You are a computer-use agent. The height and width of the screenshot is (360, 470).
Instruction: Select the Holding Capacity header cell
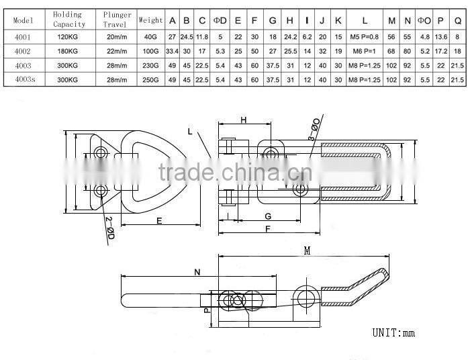pyautogui.click(x=68, y=19)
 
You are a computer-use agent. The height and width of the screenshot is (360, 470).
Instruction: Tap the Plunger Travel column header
pyautogui.click(x=117, y=19)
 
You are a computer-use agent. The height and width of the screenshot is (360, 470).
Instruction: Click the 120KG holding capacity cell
pyautogui.click(x=68, y=36)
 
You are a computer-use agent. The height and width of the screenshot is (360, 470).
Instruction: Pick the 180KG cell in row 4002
pyautogui.click(x=68, y=50)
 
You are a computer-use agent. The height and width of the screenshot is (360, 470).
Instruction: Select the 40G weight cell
pyautogui.click(x=150, y=36)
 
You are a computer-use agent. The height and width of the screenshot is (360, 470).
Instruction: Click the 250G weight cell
pyautogui.click(x=150, y=80)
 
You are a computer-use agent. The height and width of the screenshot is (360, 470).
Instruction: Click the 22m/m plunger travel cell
pyautogui.click(x=117, y=50)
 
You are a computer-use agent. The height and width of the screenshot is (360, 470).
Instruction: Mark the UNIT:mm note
pyautogui.click(x=394, y=332)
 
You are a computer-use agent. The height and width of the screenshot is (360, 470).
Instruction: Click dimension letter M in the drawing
pyautogui.click(x=307, y=251)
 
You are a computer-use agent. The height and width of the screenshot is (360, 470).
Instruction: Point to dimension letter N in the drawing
pyautogui.click(x=198, y=272)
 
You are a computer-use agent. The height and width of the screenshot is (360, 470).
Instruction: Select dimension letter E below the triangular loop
pyautogui.click(x=159, y=220)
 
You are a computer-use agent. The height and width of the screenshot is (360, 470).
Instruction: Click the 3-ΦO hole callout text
pyautogui.click(x=314, y=127)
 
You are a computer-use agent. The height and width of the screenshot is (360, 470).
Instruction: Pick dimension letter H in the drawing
pyautogui.click(x=243, y=120)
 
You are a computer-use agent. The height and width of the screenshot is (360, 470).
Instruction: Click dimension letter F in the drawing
pyautogui.click(x=268, y=229)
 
